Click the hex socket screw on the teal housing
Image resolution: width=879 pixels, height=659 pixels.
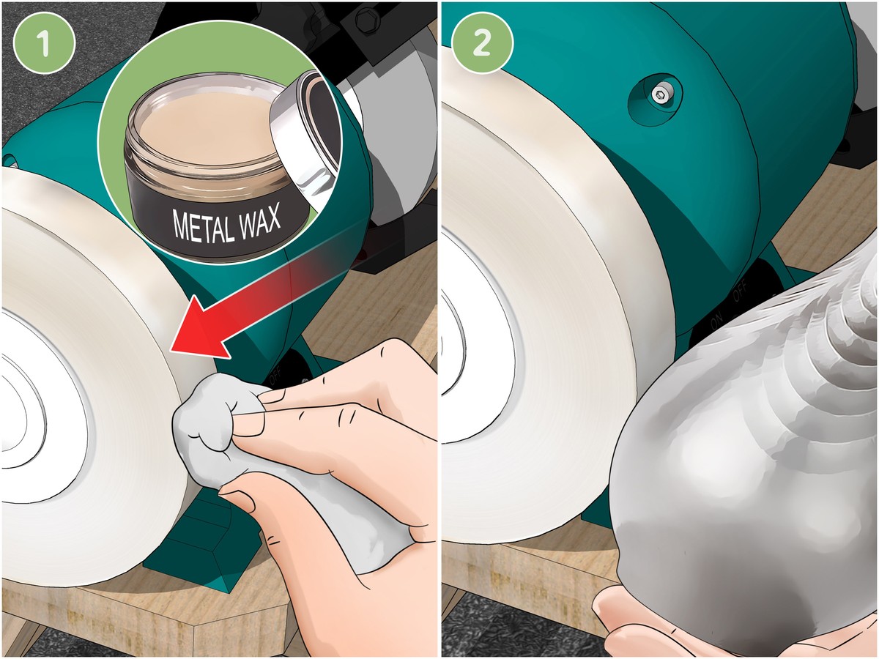(661, 93)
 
